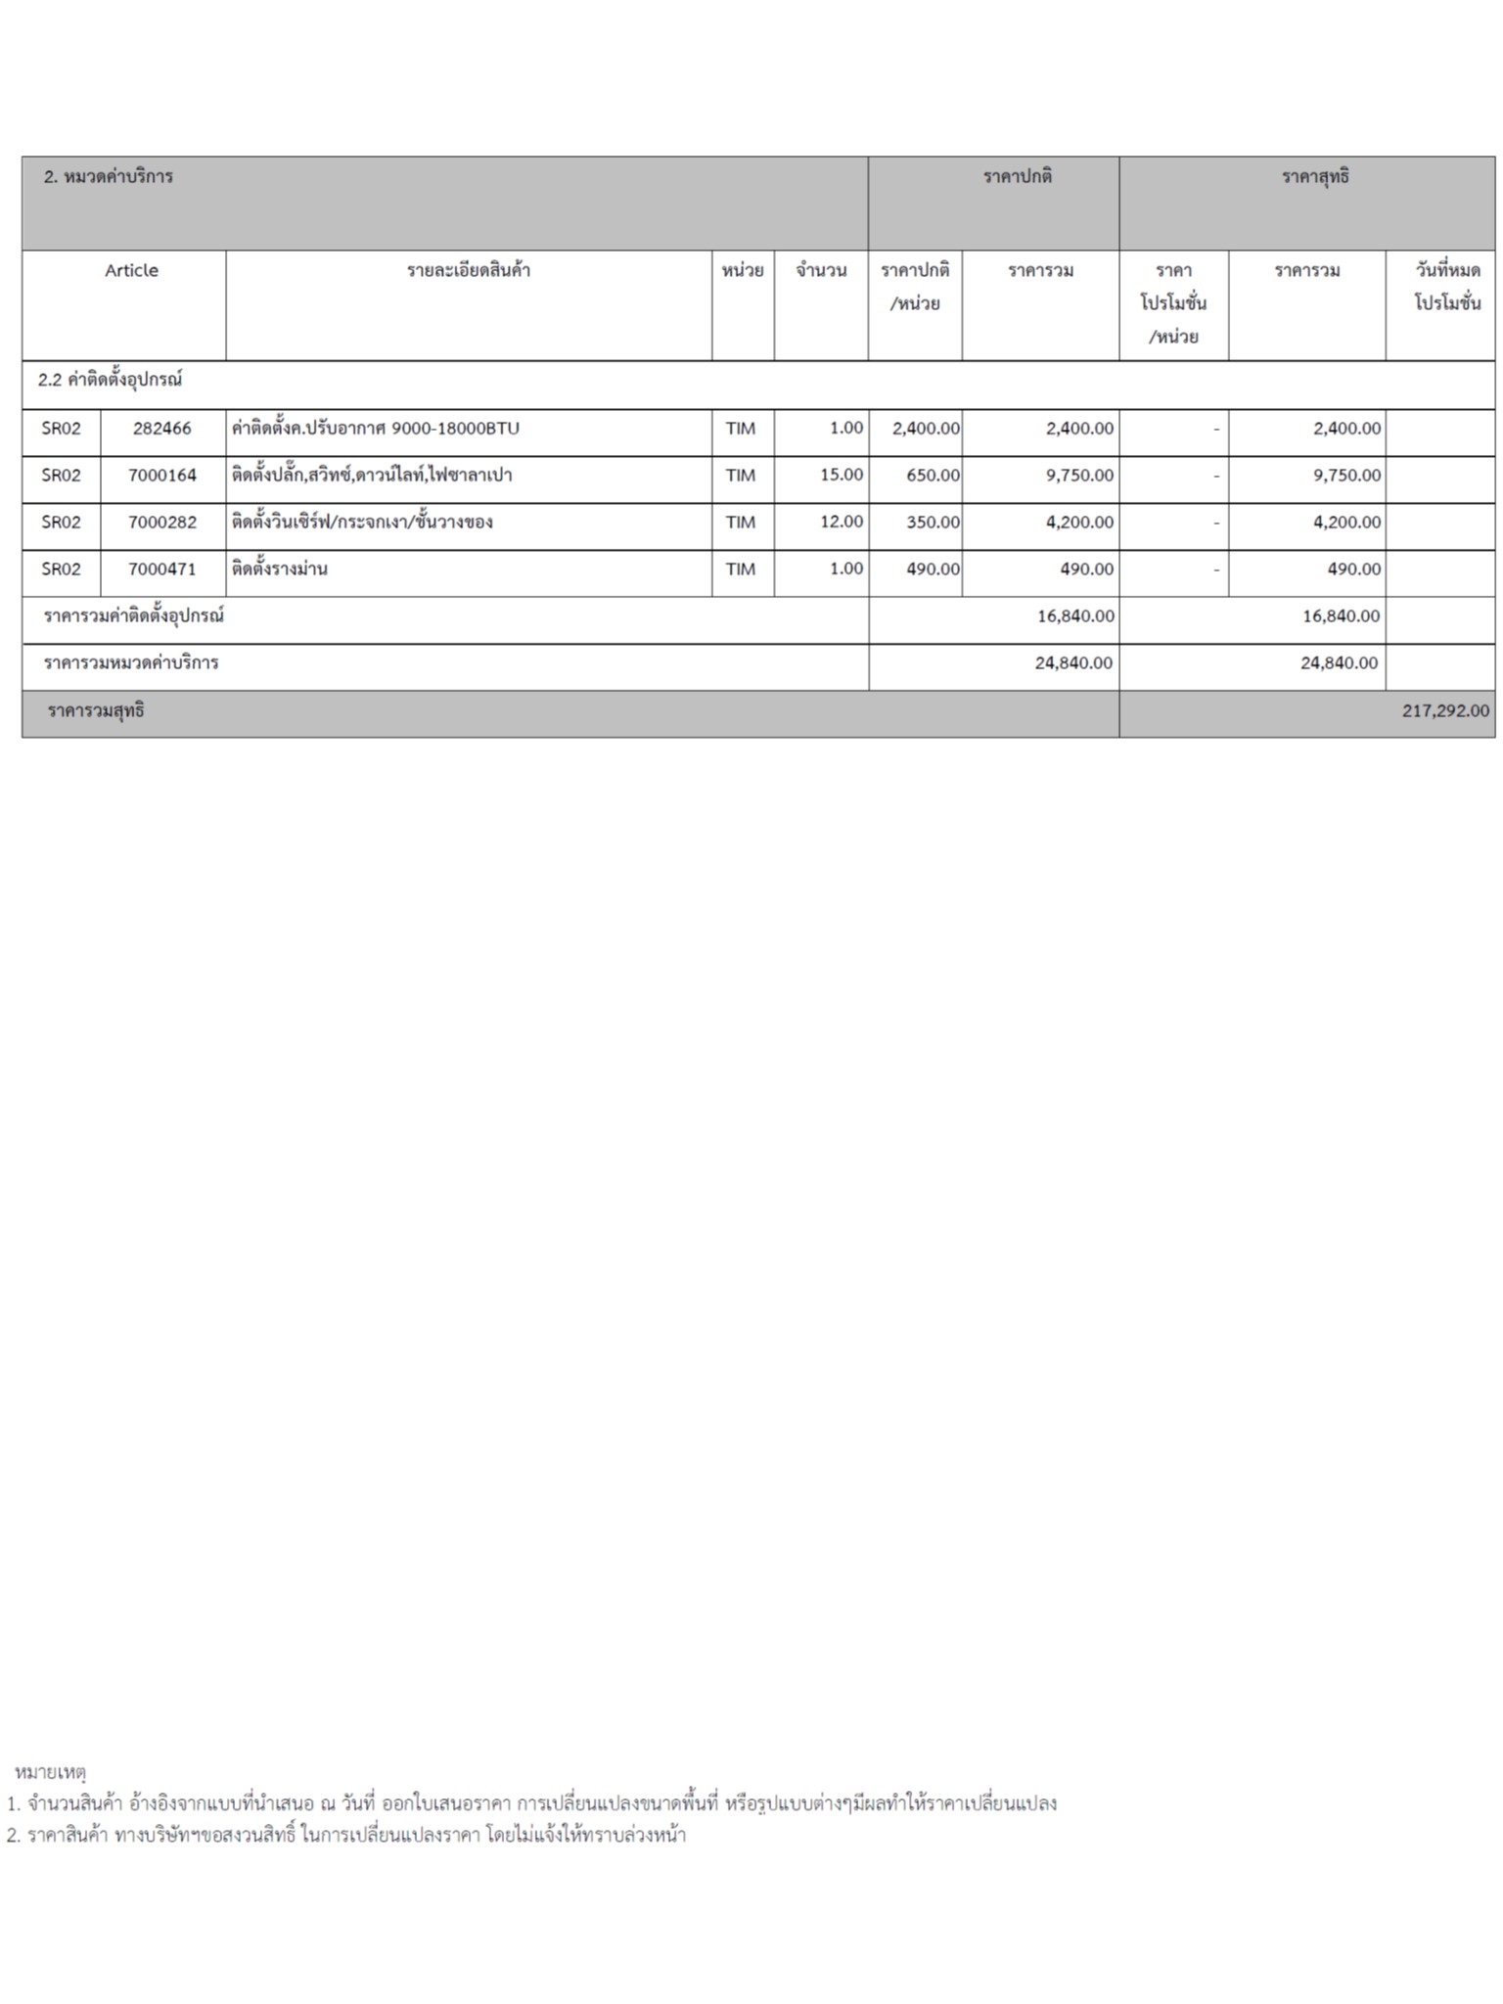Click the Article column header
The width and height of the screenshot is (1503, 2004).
[131, 271]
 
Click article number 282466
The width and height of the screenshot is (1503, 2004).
[162, 429]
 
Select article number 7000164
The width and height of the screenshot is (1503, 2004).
[162, 476]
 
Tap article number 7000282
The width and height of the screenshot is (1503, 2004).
[162, 523]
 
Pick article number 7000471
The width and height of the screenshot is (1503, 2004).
[162, 569]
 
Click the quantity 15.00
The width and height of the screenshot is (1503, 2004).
[842, 476]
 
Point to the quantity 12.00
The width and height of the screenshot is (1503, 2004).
[842, 523]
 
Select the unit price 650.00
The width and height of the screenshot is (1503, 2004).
[933, 476]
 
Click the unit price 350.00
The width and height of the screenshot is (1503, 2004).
[933, 523]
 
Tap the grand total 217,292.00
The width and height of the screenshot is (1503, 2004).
[1445, 711]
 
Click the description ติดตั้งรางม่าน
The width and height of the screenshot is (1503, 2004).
[280, 569]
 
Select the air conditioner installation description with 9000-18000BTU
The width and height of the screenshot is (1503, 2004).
[376, 429]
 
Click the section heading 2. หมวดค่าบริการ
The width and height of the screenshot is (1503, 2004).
[109, 177]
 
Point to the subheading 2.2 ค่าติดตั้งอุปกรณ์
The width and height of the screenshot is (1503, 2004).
[111, 381]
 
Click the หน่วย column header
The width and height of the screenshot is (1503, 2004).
[743, 271]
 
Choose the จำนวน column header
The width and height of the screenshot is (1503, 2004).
[821, 271]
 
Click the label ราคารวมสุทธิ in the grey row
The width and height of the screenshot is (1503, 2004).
[96, 711]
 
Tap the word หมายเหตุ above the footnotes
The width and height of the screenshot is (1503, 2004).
[51, 1772]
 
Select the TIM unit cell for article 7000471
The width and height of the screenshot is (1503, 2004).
[741, 569]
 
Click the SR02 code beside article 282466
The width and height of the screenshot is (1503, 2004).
[61, 429]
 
